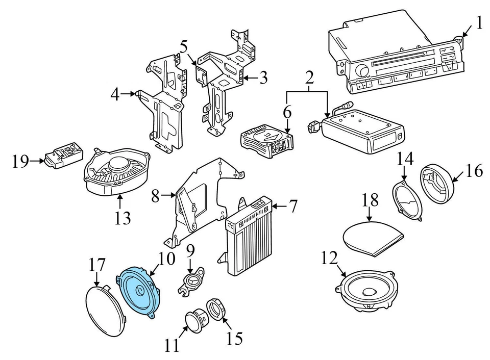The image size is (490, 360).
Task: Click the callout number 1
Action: point(479,22)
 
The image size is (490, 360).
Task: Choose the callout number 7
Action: point(292,207)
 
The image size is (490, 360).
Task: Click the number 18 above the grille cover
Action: point(372,199)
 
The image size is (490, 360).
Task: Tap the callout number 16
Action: point(474,171)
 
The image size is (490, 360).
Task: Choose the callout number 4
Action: point(115,94)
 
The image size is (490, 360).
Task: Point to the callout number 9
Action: point(190,251)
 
